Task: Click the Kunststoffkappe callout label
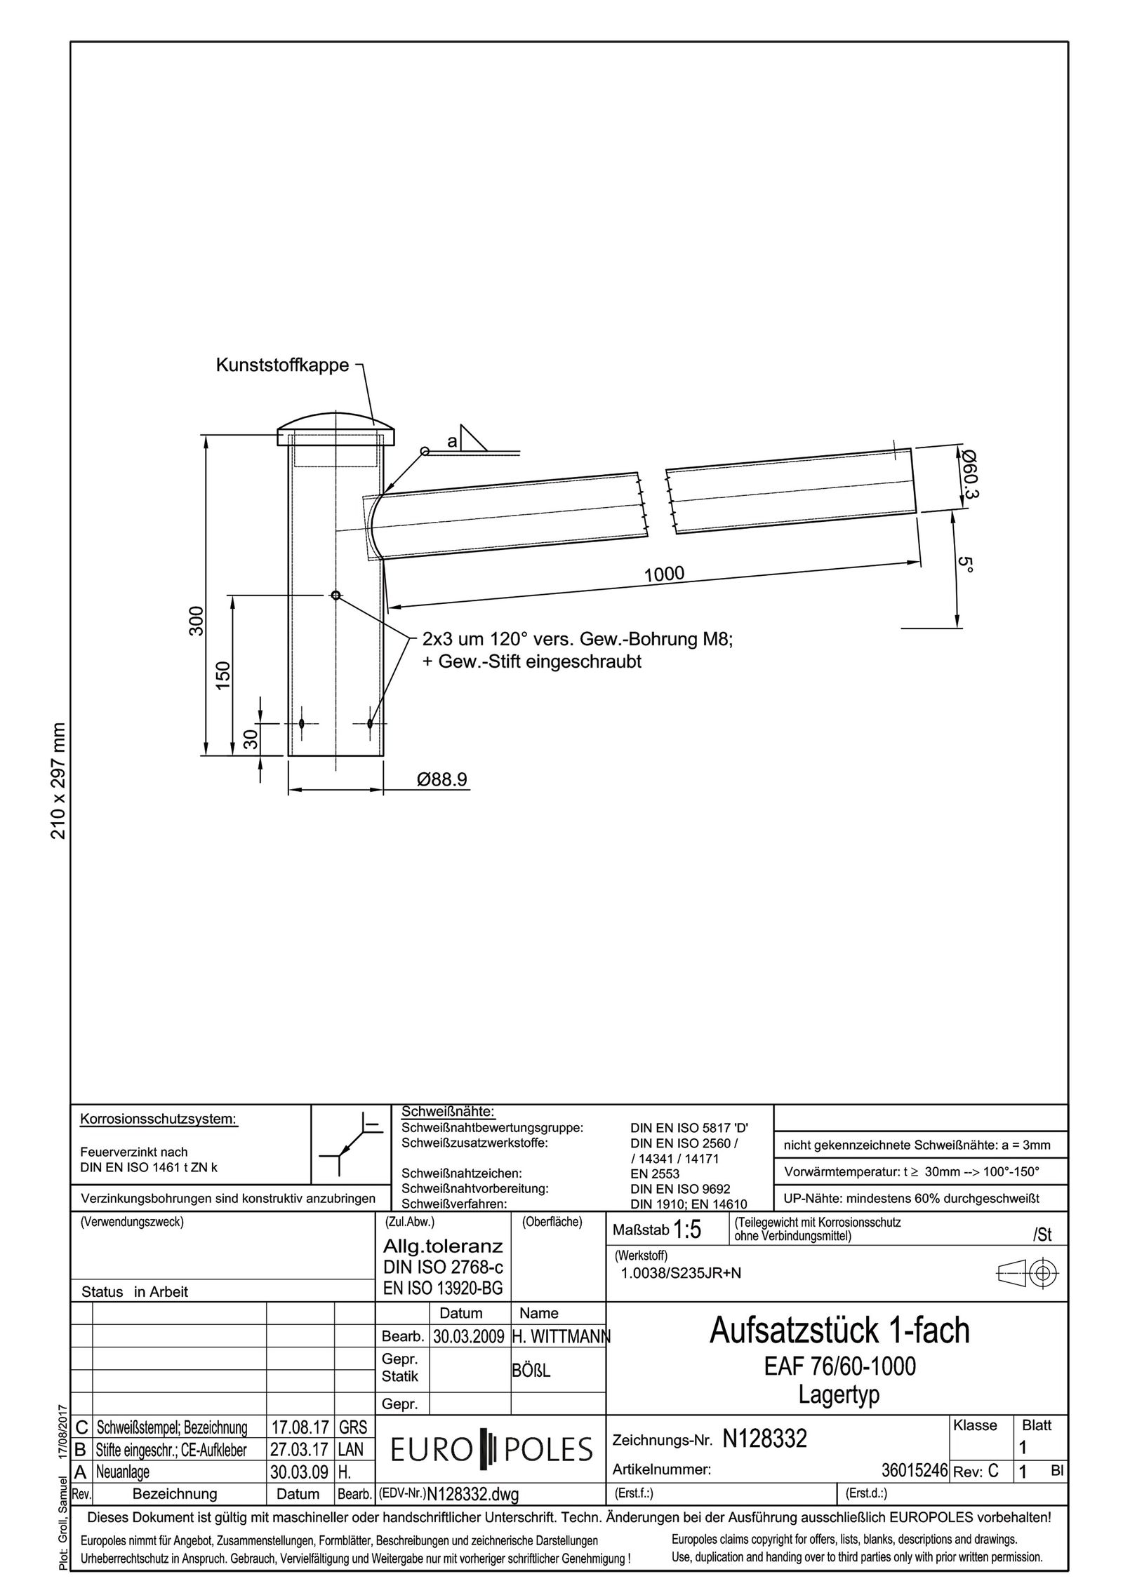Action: pos(282,365)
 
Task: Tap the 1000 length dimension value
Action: pos(664,574)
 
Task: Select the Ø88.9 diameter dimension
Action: pos(441,779)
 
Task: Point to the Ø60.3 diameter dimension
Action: pos(970,474)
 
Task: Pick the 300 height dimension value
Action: pos(197,621)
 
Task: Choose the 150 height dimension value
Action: pos(223,675)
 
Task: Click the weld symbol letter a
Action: pos(452,441)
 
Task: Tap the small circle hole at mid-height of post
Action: pos(336,595)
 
